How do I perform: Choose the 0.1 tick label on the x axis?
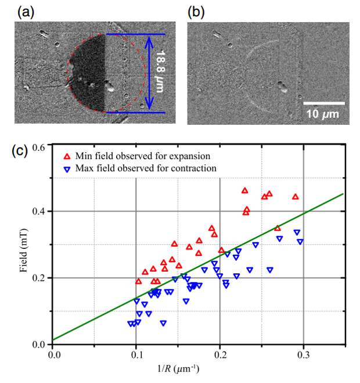click(136, 352)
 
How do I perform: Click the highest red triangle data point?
click(244, 190)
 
